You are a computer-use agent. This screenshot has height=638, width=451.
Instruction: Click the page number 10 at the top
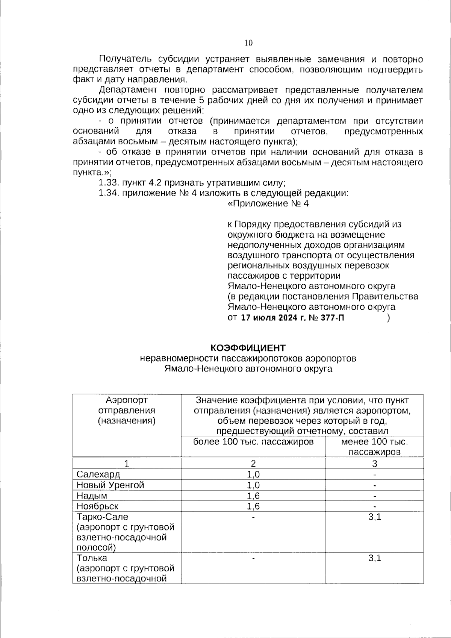[248, 43]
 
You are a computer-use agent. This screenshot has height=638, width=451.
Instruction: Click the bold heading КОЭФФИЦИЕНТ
[248, 348]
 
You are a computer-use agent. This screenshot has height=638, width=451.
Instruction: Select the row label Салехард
[98, 474]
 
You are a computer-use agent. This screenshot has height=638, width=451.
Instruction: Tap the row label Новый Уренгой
[110, 485]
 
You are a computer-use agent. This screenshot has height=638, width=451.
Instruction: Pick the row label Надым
[92, 496]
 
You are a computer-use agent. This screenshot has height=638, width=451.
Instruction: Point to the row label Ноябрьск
[97, 506]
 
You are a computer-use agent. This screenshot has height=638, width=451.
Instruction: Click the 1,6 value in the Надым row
[253, 496]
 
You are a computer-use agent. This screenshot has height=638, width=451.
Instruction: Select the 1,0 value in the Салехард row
[253, 474]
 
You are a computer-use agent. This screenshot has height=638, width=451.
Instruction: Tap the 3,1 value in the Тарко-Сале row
[374, 517]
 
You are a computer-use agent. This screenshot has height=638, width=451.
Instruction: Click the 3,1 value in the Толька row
[374, 558]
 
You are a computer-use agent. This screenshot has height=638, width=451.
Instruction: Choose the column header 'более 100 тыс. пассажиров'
[253, 442]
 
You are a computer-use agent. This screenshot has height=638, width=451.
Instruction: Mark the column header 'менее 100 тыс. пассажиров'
[374, 447]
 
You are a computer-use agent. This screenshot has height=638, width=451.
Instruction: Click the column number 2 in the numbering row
[253, 464]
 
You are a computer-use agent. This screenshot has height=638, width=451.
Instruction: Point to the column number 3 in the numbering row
[374, 464]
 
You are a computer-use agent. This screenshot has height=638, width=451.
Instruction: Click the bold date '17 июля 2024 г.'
[273, 318]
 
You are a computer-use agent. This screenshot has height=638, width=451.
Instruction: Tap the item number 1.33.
[109, 183]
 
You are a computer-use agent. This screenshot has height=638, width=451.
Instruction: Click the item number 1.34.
[109, 193]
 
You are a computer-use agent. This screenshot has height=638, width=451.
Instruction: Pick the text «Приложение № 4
[268, 204]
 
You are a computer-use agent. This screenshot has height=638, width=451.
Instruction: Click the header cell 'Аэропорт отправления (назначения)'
[127, 411]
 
